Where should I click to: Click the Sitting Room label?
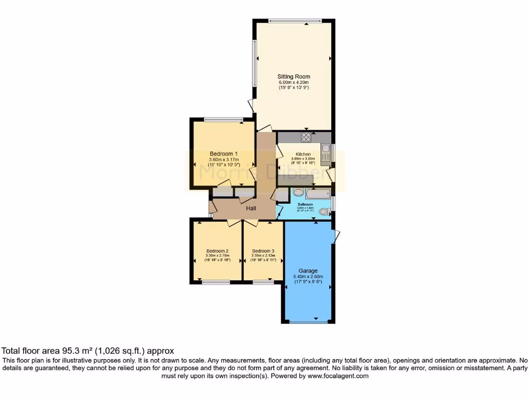293,77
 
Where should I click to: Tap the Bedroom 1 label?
224,153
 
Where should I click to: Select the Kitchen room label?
303,154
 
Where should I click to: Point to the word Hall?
251,208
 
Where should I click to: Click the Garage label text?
308,271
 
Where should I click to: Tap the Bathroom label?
305,205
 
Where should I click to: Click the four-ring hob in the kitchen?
306,137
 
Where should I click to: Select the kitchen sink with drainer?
326,154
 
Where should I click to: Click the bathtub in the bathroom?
318,194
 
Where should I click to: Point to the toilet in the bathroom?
324,211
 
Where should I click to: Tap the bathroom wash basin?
299,192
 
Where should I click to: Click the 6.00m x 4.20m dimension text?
293,82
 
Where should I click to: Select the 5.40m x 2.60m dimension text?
308,276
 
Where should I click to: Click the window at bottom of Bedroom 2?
216,282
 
